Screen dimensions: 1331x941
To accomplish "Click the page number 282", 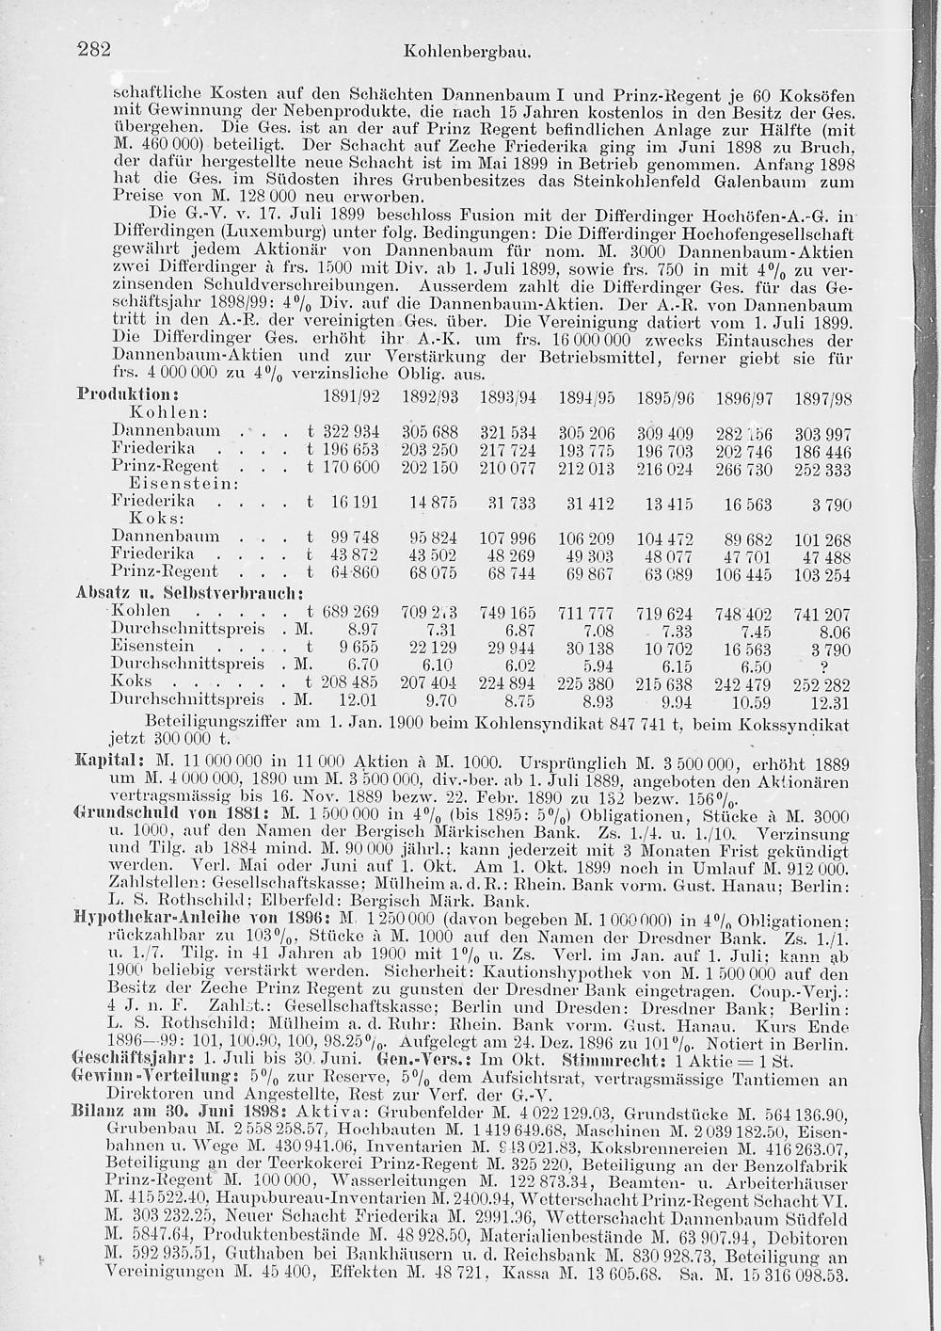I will tap(95, 50).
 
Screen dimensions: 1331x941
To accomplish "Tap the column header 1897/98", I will tap(823, 399).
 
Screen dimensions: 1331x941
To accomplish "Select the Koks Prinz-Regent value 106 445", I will tap(745, 573).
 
